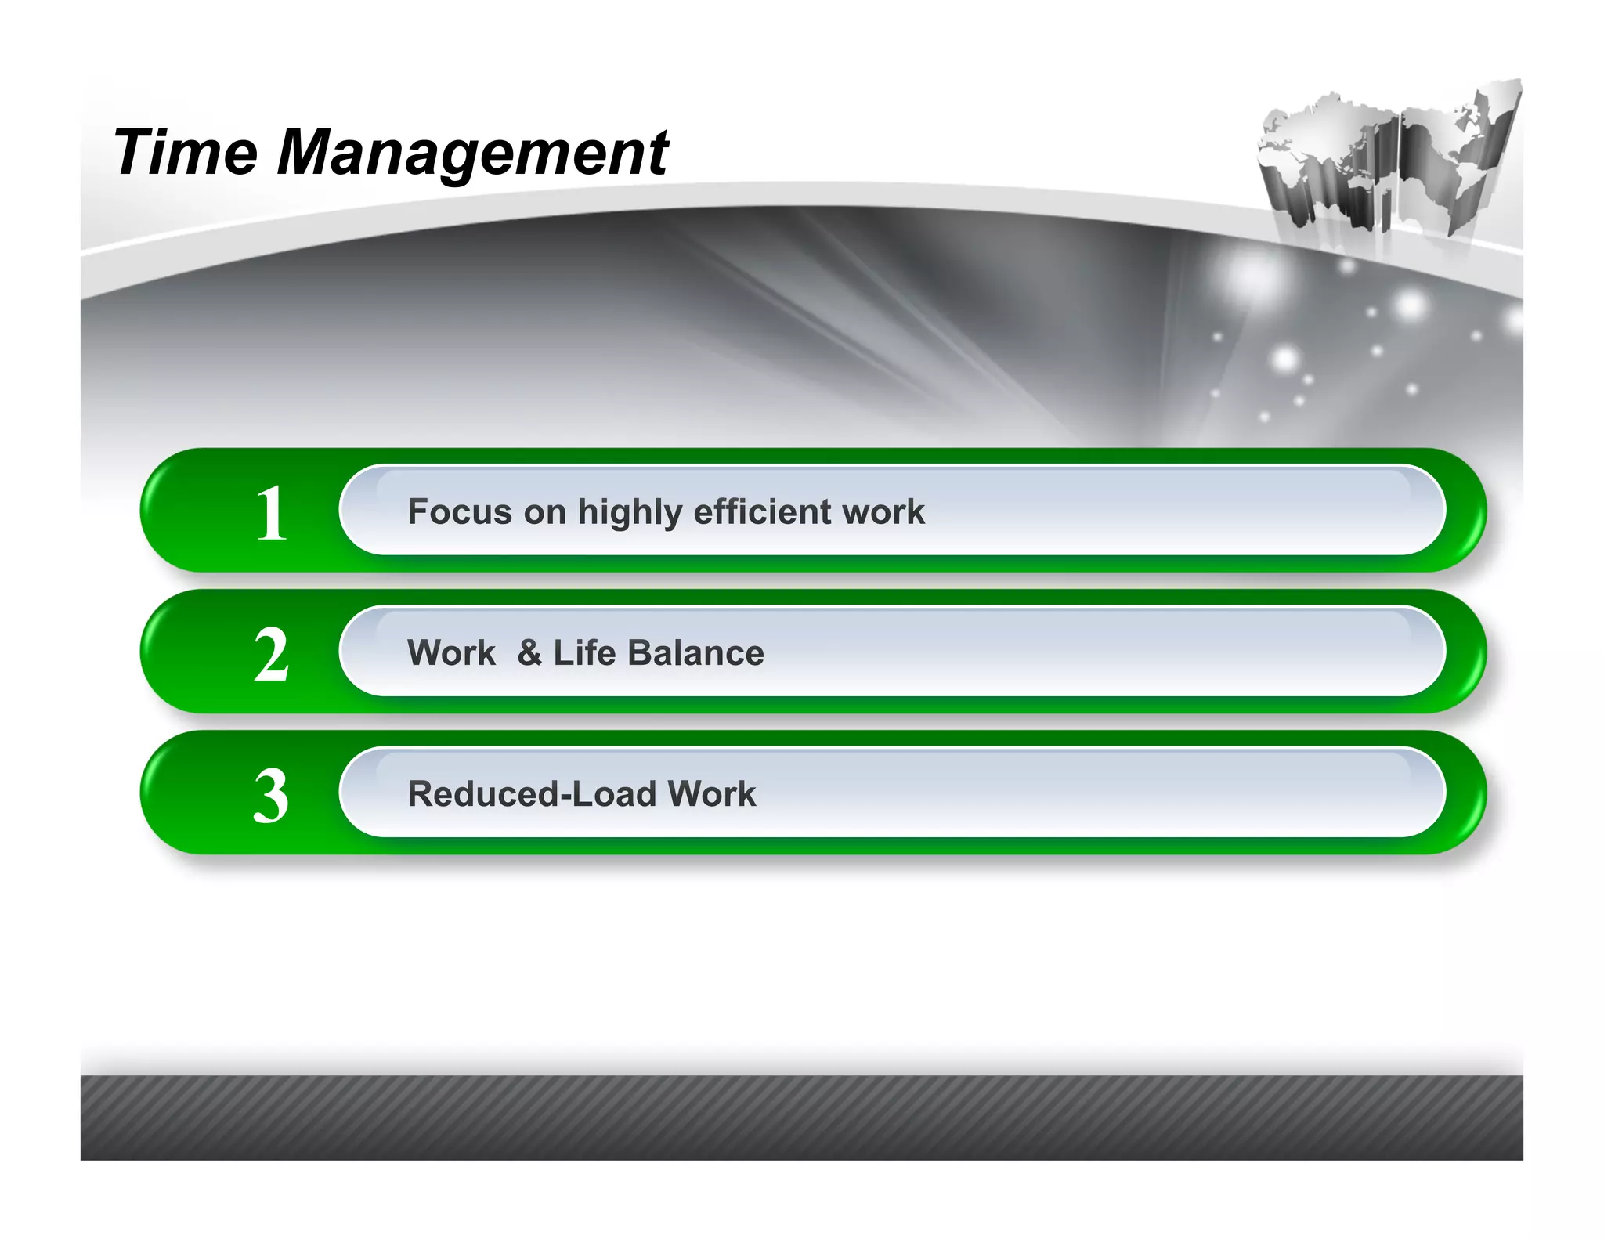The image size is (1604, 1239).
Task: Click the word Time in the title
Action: [x=186, y=152]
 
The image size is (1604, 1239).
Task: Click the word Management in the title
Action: [x=472, y=154]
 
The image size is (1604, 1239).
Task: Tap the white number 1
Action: [x=272, y=513]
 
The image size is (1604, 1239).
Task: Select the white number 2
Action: [x=272, y=655]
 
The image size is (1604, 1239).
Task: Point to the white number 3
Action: [x=272, y=796]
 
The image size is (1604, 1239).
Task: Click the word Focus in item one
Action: [x=460, y=511]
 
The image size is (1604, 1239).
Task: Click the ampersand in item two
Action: [x=529, y=652]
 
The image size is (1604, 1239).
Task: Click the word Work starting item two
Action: [x=451, y=652]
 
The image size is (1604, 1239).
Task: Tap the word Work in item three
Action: [x=712, y=793]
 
